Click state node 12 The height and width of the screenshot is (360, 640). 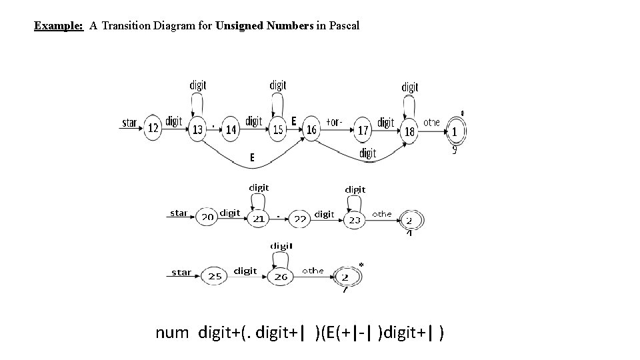[153, 128]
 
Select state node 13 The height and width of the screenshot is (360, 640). [197, 129]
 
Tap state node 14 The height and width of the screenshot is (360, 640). [231, 129]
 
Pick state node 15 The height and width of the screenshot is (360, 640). [278, 129]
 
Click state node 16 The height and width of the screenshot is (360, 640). [311, 129]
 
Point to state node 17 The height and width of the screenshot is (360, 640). [363, 130]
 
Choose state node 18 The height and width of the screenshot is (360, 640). [409, 131]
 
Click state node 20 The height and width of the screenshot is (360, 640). [207, 217]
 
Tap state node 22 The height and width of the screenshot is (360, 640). [301, 219]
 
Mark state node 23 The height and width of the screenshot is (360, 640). [355, 219]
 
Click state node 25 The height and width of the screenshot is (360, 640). [215, 276]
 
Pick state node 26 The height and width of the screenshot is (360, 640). [281, 276]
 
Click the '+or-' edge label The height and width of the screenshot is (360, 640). [334, 122]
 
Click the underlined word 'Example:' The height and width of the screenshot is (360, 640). [59, 26]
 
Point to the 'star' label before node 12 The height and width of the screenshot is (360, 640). [130, 123]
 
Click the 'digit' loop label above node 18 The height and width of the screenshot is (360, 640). [410, 87]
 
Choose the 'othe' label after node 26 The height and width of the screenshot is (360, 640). [313, 271]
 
